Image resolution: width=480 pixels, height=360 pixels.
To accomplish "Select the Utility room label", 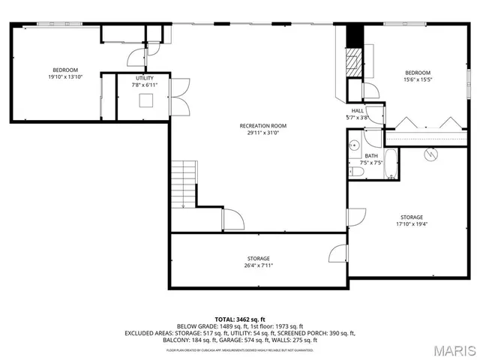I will pyautogui.click(x=145, y=78).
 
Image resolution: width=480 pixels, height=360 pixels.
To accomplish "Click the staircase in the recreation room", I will pyautogui.click(x=183, y=183).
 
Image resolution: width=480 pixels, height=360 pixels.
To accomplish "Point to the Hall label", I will pyautogui.click(x=357, y=110).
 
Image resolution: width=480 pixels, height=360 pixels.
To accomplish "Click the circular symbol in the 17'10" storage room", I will pyautogui.click(x=431, y=155).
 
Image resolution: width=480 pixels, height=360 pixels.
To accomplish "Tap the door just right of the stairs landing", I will pyautogui.click(x=232, y=220).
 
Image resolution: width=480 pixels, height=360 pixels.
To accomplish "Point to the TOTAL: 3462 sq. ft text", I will pyautogui.click(x=240, y=319).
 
